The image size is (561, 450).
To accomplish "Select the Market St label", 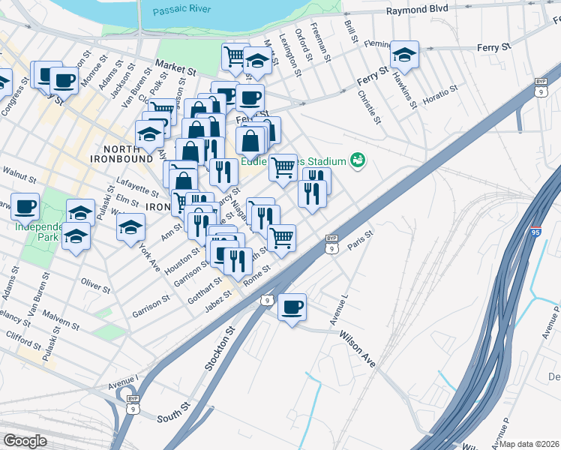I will (x=175, y=67).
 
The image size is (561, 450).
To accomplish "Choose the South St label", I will (x=170, y=413).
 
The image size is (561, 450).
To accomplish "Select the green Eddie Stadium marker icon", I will (x=358, y=160).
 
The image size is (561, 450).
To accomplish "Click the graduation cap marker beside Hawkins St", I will (x=404, y=53).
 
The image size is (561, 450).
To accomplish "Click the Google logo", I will (x=25, y=441).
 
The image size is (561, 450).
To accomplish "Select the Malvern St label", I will (x=61, y=320).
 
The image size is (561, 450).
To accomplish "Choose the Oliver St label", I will (x=96, y=286).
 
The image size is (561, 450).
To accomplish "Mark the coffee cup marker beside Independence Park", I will (x=25, y=205).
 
